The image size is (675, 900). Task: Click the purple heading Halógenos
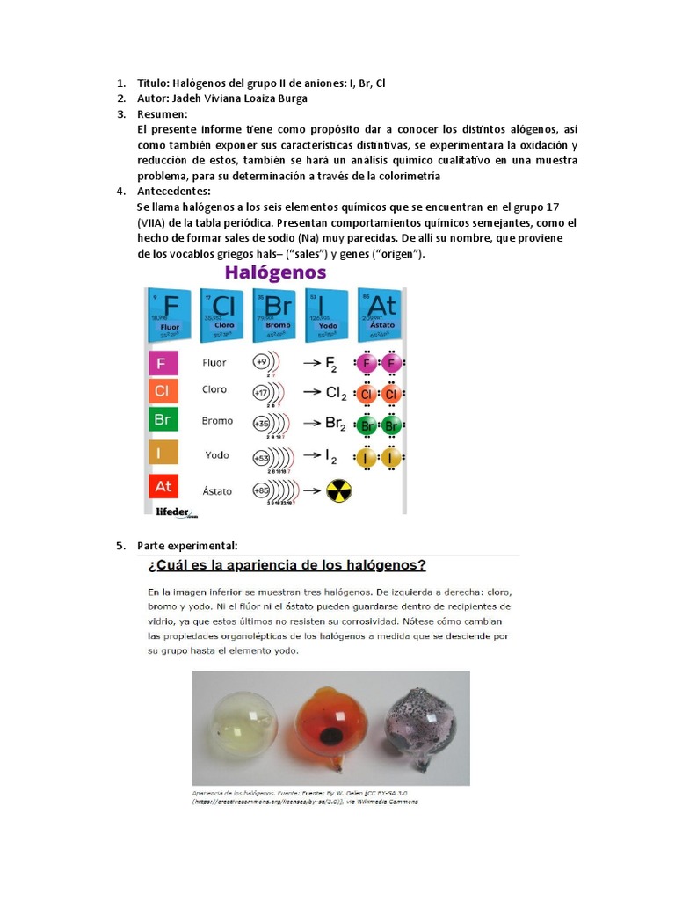[x=275, y=272]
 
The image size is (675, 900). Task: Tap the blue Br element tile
[x=278, y=313]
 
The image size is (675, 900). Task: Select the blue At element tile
[x=382, y=313]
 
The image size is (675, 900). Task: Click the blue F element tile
[x=171, y=313]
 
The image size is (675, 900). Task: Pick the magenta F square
[x=163, y=363]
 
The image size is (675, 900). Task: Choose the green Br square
[x=163, y=420]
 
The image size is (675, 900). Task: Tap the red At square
[x=163, y=486]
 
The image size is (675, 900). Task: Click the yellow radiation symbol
[x=338, y=490]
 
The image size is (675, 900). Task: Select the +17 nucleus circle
[x=261, y=392]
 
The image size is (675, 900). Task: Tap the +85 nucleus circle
[x=261, y=490]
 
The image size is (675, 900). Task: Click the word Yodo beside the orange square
[x=217, y=455]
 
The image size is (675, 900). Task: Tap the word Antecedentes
[x=174, y=191]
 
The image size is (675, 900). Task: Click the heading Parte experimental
[x=187, y=546]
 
